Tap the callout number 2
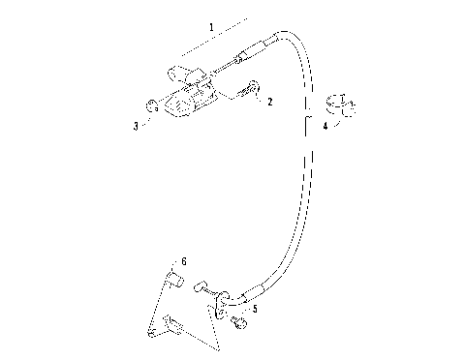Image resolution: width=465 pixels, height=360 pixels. [x=269, y=101]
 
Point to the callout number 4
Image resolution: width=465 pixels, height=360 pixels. [x=325, y=126]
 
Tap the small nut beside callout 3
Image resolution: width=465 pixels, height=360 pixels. [x=153, y=105]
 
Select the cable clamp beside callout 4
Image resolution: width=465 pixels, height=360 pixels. [x=344, y=104]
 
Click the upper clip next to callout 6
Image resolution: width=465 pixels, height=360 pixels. [x=175, y=282]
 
